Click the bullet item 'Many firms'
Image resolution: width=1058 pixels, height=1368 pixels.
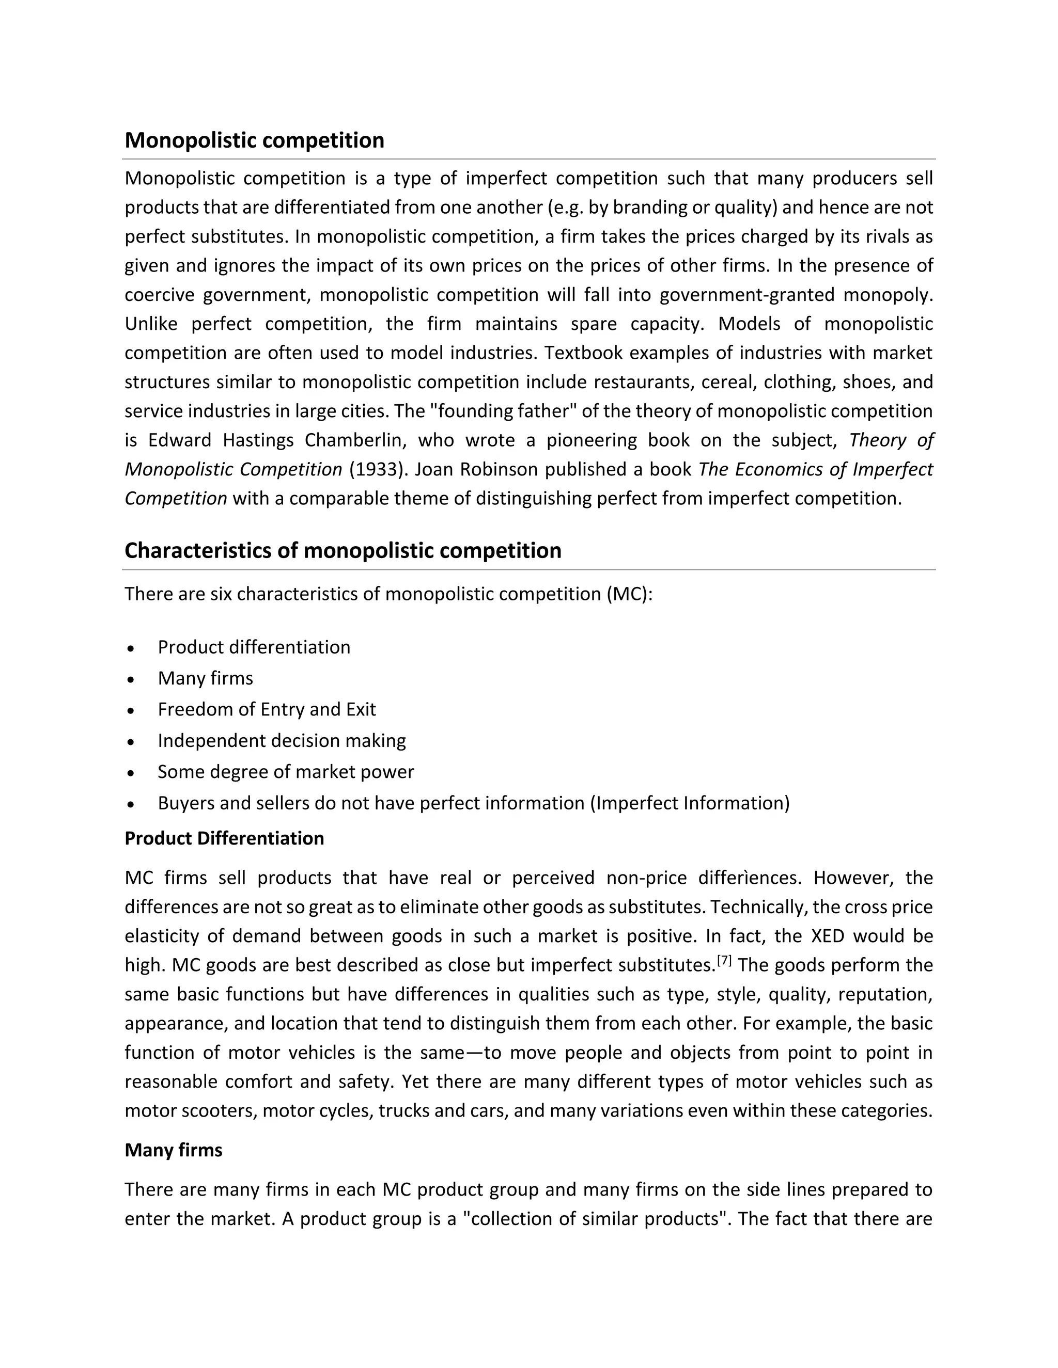pos(205,678)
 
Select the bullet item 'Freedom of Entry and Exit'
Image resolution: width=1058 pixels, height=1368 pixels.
pos(267,709)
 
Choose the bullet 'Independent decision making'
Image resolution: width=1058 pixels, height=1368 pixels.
pos(282,740)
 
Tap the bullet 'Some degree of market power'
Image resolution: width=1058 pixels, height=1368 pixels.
pos(285,772)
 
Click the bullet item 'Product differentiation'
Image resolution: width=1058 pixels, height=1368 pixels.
pos(254,647)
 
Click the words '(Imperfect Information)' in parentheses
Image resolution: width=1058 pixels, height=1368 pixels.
pos(690,803)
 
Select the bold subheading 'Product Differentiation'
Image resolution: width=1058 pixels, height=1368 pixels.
pos(224,838)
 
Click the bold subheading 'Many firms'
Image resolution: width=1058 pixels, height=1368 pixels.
pos(173,1150)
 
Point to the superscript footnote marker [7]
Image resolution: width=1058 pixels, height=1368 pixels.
pos(724,960)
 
